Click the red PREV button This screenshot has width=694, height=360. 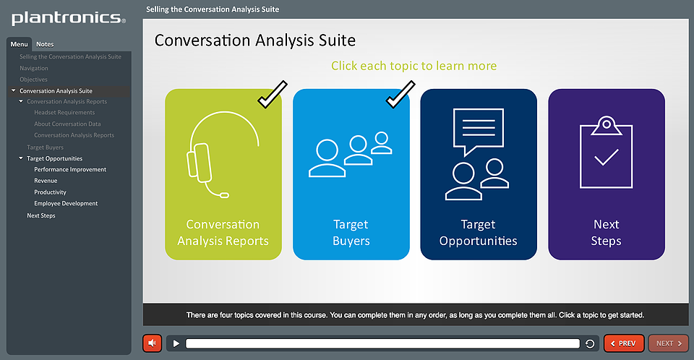[x=624, y=343]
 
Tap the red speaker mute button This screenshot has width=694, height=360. [x=153, y=343]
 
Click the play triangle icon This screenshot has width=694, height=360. [x=176, y=343]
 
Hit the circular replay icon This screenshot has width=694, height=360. [x=590, y=343]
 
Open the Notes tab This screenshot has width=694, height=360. [x=45, y=44]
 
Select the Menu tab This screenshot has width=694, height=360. [x=19, y=44]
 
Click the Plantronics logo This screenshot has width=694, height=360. [x=68, y=18]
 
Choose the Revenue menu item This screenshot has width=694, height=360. [x=46, y=181]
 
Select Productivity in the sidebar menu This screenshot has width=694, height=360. [x=50, y=192]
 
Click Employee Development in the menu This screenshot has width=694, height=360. [x=66, y=203]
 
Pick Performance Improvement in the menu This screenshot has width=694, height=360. [x=70, y=169]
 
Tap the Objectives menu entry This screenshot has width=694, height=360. [x=33, y=80]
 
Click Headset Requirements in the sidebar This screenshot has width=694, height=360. [x=64, y=113]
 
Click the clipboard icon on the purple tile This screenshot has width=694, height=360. [x=606, y=153]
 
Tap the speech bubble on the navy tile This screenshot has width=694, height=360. [x=479, y=131]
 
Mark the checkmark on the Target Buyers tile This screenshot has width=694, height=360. [x=400, y=95]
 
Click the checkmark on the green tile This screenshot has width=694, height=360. [x=273, y=95]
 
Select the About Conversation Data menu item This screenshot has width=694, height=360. [x=67, y=124]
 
